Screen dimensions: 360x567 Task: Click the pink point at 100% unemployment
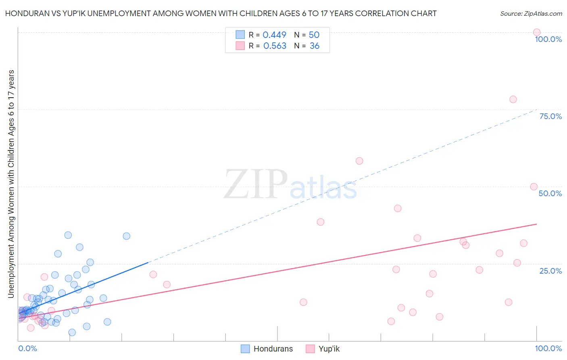[536, 32]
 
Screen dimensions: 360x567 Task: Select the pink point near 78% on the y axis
[513, 99]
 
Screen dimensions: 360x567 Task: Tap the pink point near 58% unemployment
[359, 161]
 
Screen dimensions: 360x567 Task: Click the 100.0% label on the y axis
[548, 39]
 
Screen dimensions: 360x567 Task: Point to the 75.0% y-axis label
[550, 116]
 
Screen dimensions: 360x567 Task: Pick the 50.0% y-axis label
[550, 193]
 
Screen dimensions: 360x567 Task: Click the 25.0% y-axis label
[550, 270]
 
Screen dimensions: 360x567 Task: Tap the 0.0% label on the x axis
[27, 348]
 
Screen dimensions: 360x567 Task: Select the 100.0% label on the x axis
[548, 348]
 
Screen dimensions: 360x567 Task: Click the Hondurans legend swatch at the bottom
[245, 349]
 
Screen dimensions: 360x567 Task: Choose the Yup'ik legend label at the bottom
[329, 349]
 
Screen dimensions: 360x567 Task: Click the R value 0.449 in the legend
[274, 35]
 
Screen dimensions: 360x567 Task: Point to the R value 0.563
[275, 46]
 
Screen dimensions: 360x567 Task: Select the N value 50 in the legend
[314, 35]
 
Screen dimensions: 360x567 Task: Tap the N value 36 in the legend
[315, 46]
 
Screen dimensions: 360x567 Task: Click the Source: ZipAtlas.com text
[531, 14]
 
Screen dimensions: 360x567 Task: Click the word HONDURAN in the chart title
[27, 14]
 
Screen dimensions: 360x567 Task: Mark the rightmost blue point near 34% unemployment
[126, 236]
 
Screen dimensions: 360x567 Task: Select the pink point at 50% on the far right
[534, 186]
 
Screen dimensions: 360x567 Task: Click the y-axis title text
[11, 184]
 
